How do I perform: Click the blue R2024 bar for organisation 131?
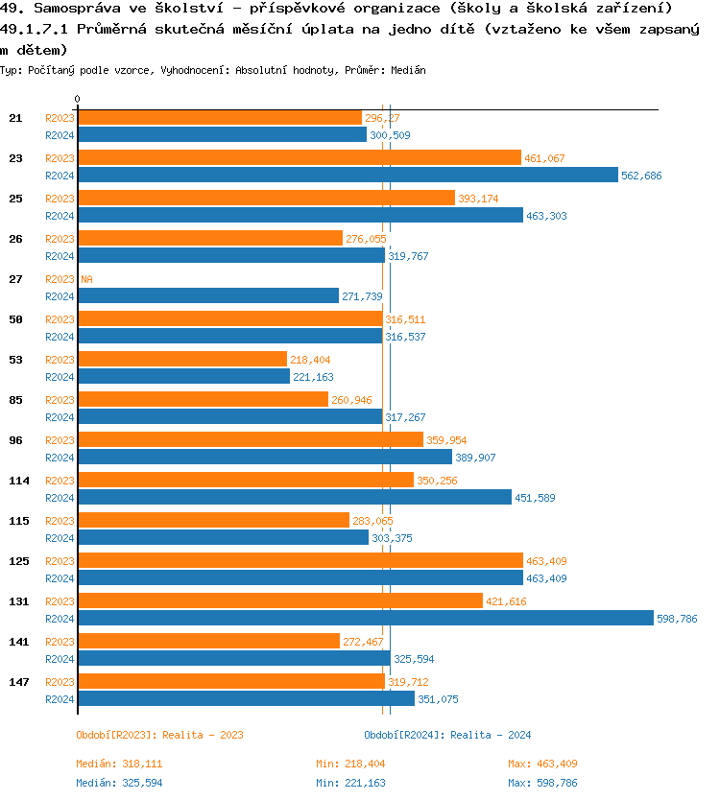(365, 618)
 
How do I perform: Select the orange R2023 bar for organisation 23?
(299, 157)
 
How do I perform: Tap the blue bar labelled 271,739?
(208, 295)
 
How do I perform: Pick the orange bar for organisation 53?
(182, 359)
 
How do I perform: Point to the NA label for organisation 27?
(86, 279)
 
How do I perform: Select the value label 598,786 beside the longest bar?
(677, 619)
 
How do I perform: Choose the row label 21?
(15, 117)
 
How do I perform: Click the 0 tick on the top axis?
(78, 100)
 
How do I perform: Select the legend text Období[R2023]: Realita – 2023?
(159, 735)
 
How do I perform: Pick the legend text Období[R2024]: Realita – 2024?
(447, 735)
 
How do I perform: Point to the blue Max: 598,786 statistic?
(542, 783)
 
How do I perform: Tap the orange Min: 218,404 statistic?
(350, 764)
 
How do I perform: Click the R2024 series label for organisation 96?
(60, 458)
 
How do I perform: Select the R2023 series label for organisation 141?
(60, 642)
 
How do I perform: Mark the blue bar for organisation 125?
(300, 577)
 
